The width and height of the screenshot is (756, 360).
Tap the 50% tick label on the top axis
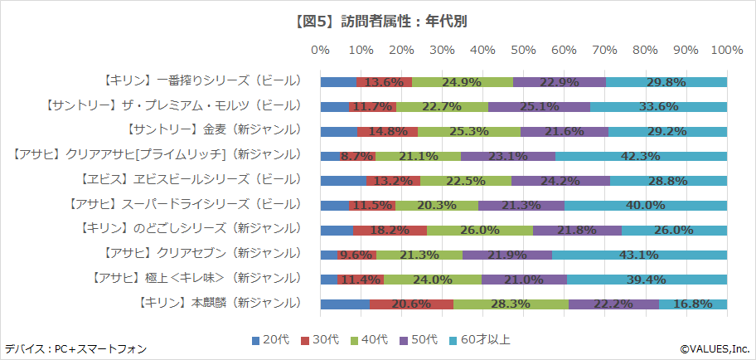click(x=523, y=51)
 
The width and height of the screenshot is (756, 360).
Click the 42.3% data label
click(x=640, y=155)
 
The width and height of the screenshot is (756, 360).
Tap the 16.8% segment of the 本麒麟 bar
click(x=692, y=304)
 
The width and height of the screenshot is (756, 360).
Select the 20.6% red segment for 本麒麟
click(x=411, y=304)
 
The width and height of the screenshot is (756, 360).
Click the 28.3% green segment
click(x=510, y=304)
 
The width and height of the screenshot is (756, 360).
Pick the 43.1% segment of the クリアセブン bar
click(x=639, y=254)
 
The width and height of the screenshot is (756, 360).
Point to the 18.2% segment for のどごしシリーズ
click(x=390, y=230)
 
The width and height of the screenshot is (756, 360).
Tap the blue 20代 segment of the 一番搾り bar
click(x=337, y=81)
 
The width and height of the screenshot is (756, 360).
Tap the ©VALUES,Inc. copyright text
click(x=715, y=348)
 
